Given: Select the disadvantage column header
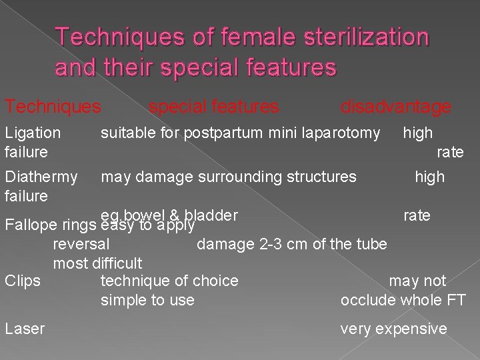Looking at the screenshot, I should point(395,107).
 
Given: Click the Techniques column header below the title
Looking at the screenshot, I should point(53,107).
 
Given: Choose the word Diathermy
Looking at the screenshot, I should point(41,177).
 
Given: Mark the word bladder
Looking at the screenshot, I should point(211,215).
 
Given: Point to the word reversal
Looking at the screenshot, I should point(81,244).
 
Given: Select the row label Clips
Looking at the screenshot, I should point(22,281).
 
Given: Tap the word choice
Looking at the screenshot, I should point(216,281).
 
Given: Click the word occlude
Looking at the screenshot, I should point(365,301).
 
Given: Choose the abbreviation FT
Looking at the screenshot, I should point(457,301).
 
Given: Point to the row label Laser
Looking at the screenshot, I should point(25,329).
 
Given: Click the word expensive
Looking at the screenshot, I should point(411,329).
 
